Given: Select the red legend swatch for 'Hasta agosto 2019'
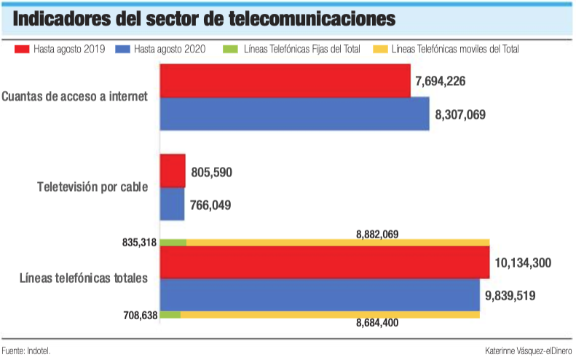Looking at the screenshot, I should click(x=22, y=50).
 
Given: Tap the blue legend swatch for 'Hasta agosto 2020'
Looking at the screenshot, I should click(x=123, y=50).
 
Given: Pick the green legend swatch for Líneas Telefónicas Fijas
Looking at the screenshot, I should click(x=234, y=50).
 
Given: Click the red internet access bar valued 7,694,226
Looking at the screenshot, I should click(x=285, y=81).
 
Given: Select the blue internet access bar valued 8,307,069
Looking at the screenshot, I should click(x=295, y=114).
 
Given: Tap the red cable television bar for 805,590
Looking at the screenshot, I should click(x=173, y=171).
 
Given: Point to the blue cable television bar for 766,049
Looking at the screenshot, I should click(x=172, y=205).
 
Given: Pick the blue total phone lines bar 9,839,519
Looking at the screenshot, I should click(x=320, y=294).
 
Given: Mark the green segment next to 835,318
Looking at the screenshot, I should click(x=173, y=242).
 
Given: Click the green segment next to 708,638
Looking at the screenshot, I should click(x=170, y=315).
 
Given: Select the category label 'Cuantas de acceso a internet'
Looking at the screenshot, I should click(x=74, y=95).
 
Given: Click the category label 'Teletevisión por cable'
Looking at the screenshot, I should click(x=92, y=187).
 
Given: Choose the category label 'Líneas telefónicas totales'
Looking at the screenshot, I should click(x=84, y=278).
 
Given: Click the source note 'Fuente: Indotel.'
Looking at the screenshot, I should click(x=26, y=351).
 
